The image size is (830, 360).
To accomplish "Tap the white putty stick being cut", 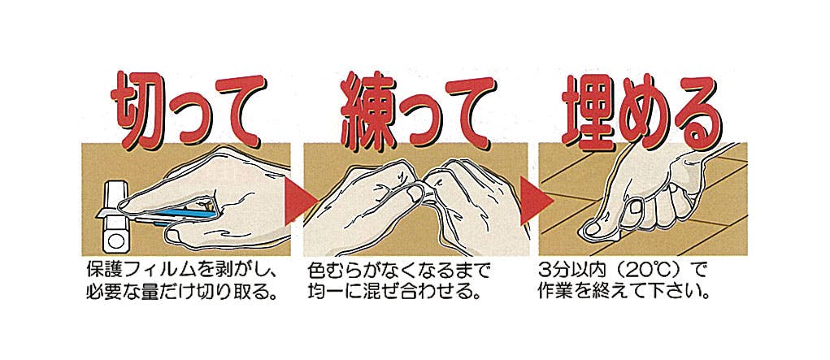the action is (x=116, y=216).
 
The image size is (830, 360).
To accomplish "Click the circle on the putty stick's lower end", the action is (x=116, y=243).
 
